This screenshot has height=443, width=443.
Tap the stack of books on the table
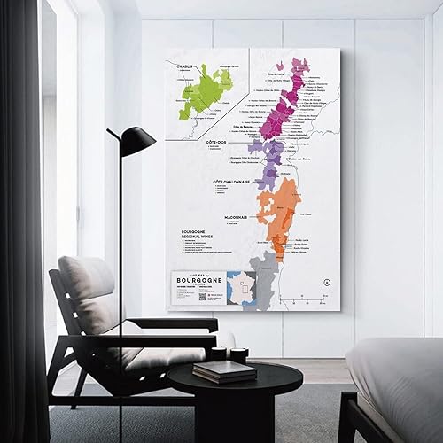pyautogui.click(x=212, y=370)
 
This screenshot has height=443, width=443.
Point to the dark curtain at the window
pyautogui.click(x=22, y=221)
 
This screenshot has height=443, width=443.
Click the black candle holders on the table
pyautogui.click(x=229, y=355)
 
